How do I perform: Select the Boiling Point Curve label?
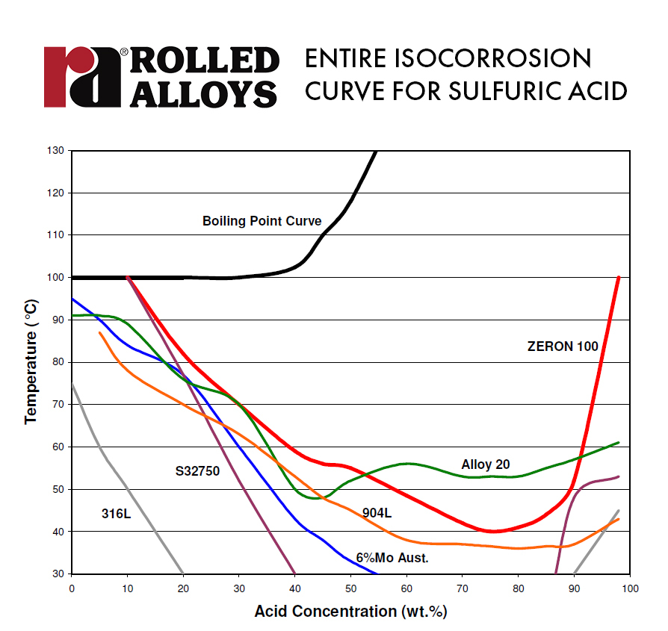(x=262, y=221)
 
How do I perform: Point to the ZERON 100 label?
(x=562, y=346)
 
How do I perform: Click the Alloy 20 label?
(x=485, y=464)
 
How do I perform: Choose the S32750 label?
(x=197, y=471)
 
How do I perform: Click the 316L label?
(x=117, y=513)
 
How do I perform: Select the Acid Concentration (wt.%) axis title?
(x=350, y=612)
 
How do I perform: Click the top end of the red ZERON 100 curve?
(x=619, y=278)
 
